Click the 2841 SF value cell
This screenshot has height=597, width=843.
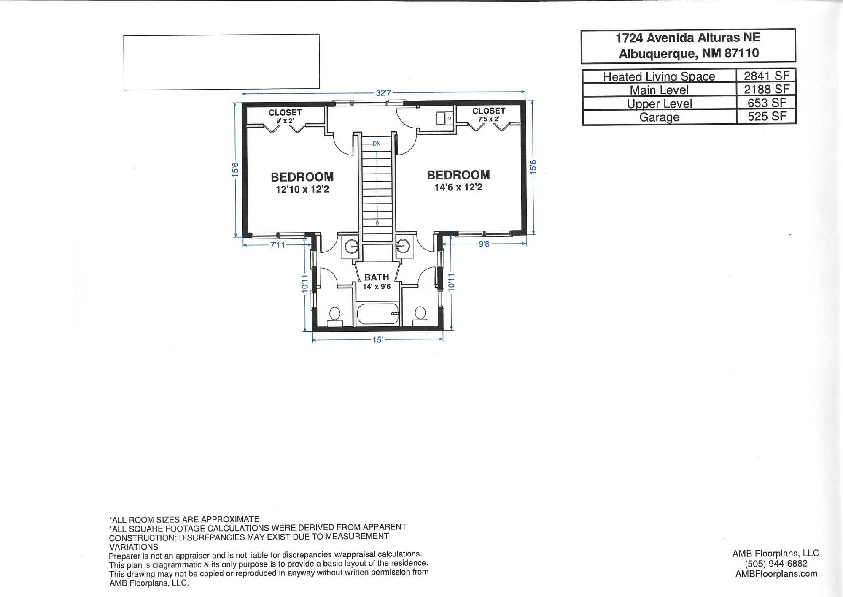[766, 76]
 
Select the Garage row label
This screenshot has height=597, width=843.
[659, 117]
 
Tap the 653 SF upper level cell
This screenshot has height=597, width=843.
[766, 103]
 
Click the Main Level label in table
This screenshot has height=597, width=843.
[659, 90]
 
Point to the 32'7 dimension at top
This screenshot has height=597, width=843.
[383, 93]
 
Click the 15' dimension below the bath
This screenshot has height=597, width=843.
[377, 340]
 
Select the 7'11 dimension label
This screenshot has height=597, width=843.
[277, 245]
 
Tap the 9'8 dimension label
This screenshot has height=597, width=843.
[484, 244]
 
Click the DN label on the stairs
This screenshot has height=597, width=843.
[377, 144]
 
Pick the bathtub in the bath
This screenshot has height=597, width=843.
[377, 314]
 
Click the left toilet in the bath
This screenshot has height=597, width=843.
[335, 317]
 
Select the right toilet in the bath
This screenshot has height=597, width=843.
[420, 317]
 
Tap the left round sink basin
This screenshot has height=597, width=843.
[351, 246]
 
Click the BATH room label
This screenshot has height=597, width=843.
[377, 277]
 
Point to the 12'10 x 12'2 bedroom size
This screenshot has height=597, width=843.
[302, 190]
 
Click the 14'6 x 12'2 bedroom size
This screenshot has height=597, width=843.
[458, 187]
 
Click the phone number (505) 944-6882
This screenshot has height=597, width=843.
[776, 564]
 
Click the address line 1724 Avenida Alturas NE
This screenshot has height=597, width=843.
[688, 38]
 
